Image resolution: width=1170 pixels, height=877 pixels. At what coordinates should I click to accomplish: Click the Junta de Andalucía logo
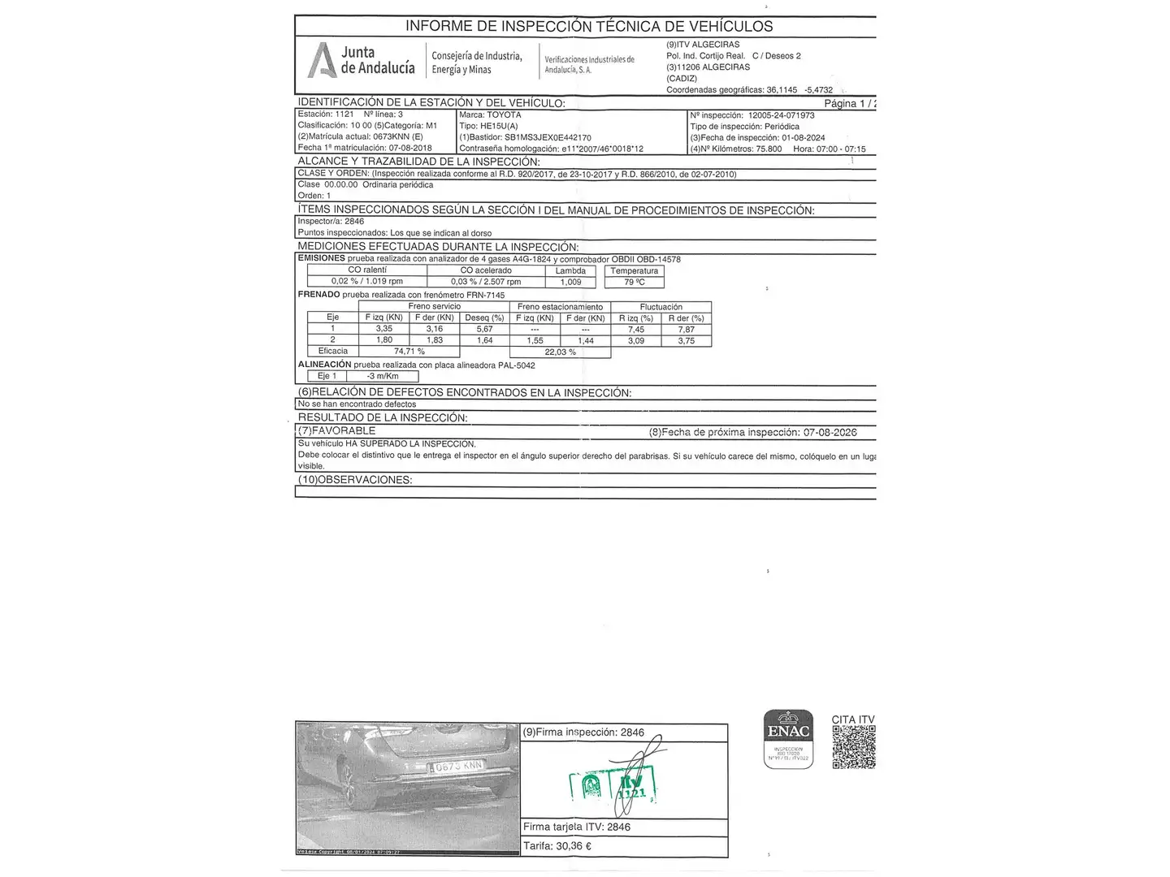362,60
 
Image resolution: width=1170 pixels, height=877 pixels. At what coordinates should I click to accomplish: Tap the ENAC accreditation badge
788,738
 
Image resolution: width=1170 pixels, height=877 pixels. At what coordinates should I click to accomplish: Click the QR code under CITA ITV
853,747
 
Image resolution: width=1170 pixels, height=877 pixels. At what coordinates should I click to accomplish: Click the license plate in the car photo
457,766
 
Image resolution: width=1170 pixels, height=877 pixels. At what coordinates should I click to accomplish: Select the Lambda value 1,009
570,282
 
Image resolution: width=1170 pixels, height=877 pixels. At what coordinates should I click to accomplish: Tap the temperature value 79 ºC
635,282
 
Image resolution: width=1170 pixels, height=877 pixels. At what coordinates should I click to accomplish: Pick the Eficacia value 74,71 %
409,352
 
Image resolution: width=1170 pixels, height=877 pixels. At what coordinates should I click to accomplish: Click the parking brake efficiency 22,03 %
560,352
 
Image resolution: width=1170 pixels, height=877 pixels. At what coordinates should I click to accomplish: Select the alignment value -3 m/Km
382,376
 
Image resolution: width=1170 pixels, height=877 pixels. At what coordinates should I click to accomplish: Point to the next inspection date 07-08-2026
830,432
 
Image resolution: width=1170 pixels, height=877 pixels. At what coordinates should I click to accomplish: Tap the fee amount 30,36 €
575,845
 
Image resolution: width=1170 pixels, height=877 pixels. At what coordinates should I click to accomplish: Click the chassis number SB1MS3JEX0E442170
548,138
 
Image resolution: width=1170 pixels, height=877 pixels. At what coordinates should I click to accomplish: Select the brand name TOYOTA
504,115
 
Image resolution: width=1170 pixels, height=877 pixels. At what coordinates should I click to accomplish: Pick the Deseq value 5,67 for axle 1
484,329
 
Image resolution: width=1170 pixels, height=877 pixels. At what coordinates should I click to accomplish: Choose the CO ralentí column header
367,270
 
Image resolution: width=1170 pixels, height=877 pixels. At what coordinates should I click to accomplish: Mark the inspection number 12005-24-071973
781,115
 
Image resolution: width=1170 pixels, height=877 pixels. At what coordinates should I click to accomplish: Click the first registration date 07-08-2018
410,148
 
